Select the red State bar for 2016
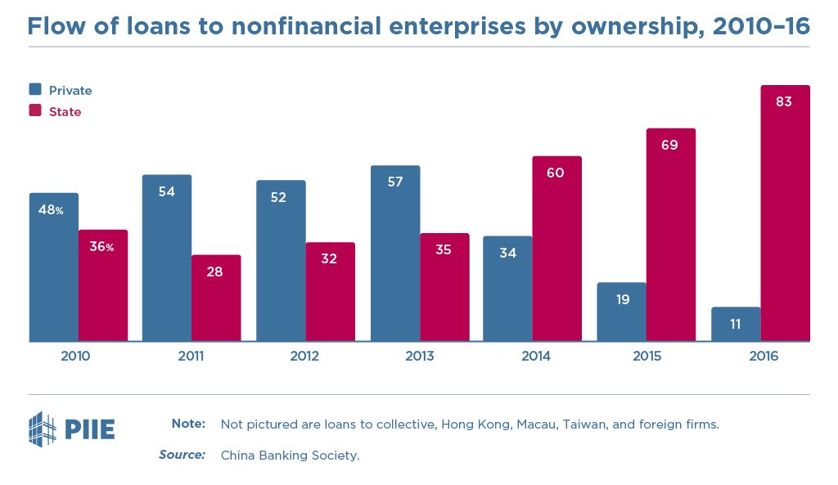pyautogui.click(x=785, y=213)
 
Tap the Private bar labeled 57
pyautogui.click(x=395, y=254)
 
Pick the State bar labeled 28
pyautogui.click(x=216, y=298)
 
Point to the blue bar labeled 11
pyautogui.click(x=736, y=324)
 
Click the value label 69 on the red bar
pyautogui.click(x=670, y=145)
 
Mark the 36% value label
pyautogui.click(x=102, y=246)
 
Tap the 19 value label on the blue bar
pyautogui.click(x=622, y=299)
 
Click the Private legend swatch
pyautogui.click(x=35, y=89)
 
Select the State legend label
pyautogui.click(x=65, y=111)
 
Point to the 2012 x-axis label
pyautogui.click(x=304, y=357)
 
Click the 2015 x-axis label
pyautogui.click(x=647, y=357)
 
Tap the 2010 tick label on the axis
pyautogui.click(x=75, y=357)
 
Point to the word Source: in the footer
pyautogui.click(x=182, y=455)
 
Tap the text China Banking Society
pyautogui.click(x=290, y=456)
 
